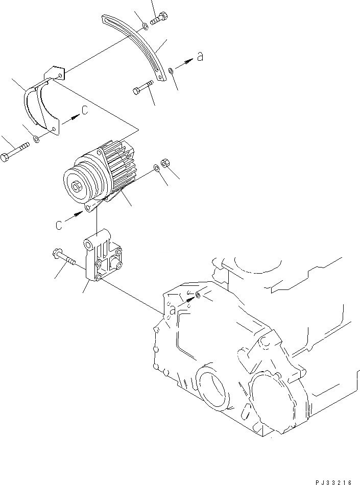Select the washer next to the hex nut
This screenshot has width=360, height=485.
pyautogui.click(x=156, y=168)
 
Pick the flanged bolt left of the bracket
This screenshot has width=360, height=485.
pyautogui.click(x=64, y=258)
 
